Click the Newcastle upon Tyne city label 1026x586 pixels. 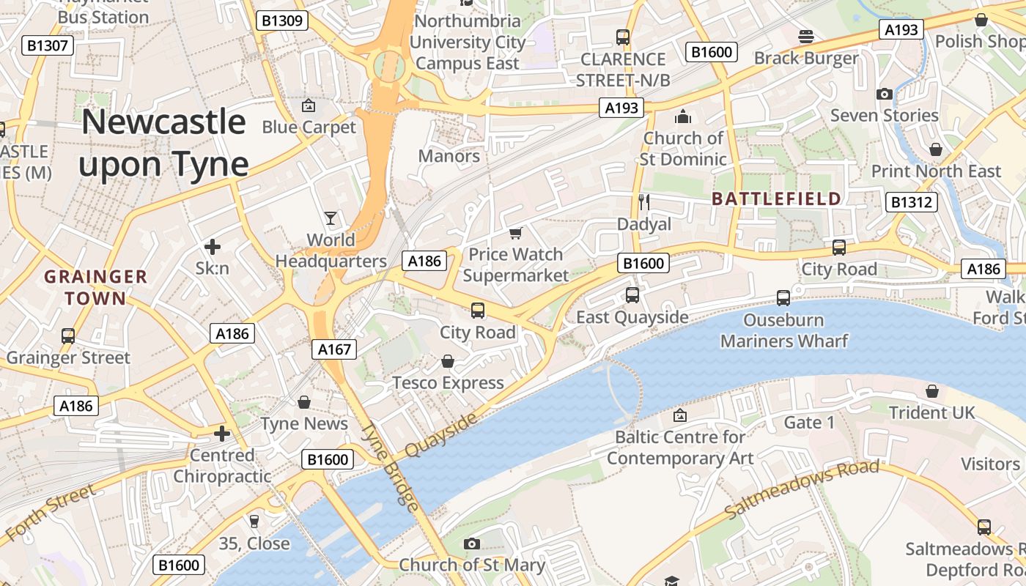tap(163, 143)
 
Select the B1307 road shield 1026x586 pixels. tap(48, 45)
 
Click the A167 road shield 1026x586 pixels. tap(334, 349)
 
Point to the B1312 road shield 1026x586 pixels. tap(912, 202)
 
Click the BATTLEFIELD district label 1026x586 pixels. tap(776, 199)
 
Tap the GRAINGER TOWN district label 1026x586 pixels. tap(95, 287)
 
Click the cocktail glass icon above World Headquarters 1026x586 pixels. tap(331, 218)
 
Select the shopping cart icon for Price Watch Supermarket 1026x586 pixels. tap(516, 233)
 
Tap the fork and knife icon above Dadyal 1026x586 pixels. tap(644, 202)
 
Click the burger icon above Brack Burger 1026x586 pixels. tap(806, 37)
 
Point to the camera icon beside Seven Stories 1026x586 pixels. tap(885, 94)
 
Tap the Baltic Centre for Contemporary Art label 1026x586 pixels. tap(679, 448)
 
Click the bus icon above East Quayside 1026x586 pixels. tap(632, 295)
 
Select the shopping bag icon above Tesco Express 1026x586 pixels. tap(448, 362)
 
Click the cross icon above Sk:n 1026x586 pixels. tap(213, 247)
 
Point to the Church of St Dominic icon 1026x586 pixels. tap(683, 116)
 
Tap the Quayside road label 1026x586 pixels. tap(440, 435)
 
